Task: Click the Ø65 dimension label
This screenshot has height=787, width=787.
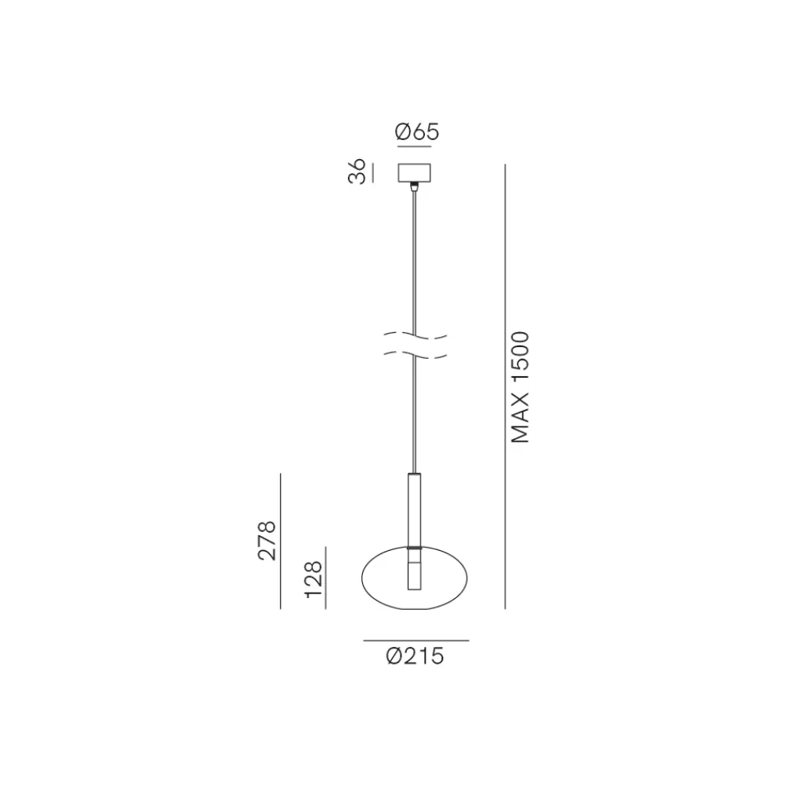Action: (x=416, y=131)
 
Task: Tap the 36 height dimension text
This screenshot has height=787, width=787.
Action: (x=357, y=171)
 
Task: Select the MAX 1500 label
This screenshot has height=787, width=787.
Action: (x=520, y=387)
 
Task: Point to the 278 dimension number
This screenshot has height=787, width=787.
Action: (x=267, y=541)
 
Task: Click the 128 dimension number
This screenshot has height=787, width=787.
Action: (x=312, y=579)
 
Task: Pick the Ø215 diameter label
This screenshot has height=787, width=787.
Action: (x=415, y=656)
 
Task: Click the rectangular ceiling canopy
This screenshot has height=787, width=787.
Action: (x=414, y=172)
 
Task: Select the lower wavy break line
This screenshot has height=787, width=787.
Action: (x=415, y=354)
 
